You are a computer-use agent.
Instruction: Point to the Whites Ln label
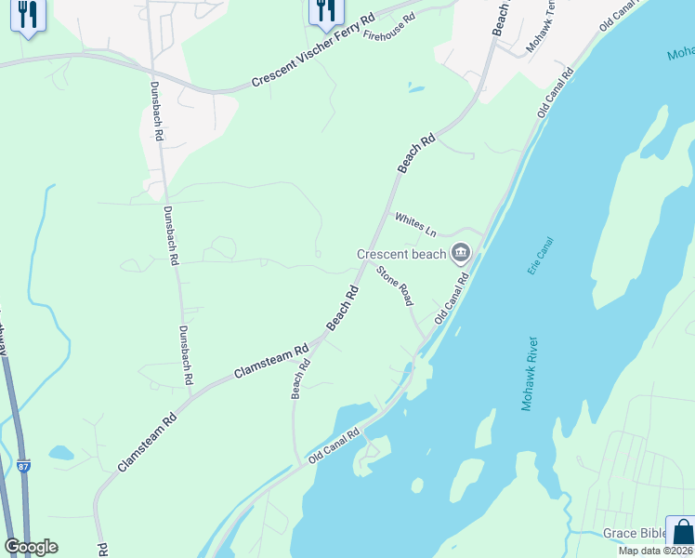pyautogui.click(x=415, y=224)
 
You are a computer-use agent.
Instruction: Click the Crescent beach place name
pyautogui.click(x=402, y=254)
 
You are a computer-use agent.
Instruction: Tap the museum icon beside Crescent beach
pyautogui.click(x=461, y=253)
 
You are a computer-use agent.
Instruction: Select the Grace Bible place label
pyautogui.click(x=633, y=533)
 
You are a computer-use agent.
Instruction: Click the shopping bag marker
pyautogui.click(x=682, y=532)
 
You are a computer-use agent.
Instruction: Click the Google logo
pyautogui.click(x=31, y=547)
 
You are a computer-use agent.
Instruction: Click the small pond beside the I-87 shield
pyautogui.click(x=61, y=453)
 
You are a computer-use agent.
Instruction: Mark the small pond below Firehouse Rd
pyautogui.click(x=415, y=89)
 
